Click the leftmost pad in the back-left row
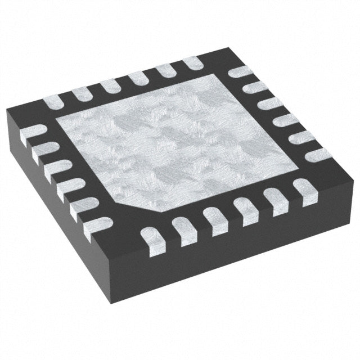[54, 102]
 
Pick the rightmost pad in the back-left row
[193, 64]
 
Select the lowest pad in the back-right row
[318, 154]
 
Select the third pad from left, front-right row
[215, 217]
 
